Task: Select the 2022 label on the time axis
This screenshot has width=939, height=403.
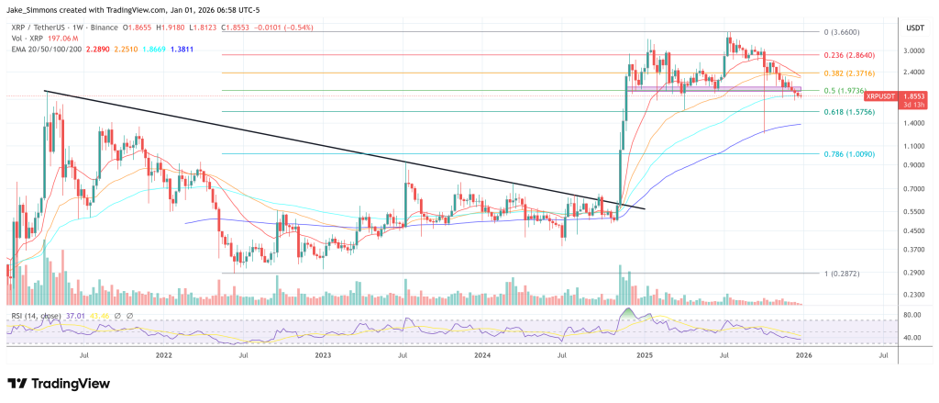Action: (x=163, y=353)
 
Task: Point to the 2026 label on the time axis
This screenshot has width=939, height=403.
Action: (x=802, y=353)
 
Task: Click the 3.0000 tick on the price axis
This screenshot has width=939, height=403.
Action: (x=914, y=50)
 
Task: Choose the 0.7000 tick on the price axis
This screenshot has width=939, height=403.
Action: (x=914, y=189)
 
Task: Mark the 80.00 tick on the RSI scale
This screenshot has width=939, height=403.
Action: (x=911, y=315)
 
